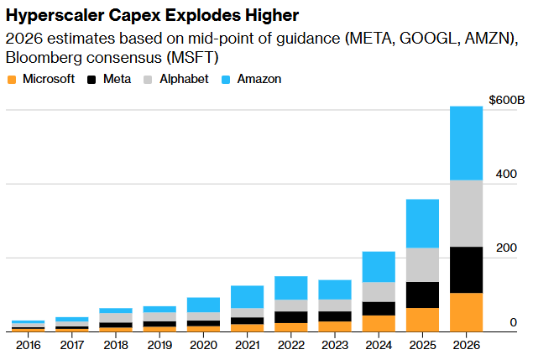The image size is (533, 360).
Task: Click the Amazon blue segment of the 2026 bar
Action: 466,143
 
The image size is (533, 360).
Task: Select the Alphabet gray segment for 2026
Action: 466,213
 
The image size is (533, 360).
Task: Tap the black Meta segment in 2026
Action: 466,269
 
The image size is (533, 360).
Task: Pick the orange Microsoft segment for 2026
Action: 466,311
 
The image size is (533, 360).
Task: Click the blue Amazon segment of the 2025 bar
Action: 422,223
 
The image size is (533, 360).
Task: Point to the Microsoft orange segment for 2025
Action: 422,319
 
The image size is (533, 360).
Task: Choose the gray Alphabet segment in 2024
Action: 379,291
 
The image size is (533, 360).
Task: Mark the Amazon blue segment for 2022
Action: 291,287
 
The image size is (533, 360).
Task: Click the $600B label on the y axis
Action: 506,100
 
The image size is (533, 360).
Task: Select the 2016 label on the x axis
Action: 29,344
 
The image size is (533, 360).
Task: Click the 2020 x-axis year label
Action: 204,344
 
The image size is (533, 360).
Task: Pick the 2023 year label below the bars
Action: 335,344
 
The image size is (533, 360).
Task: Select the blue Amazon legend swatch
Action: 225,79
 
